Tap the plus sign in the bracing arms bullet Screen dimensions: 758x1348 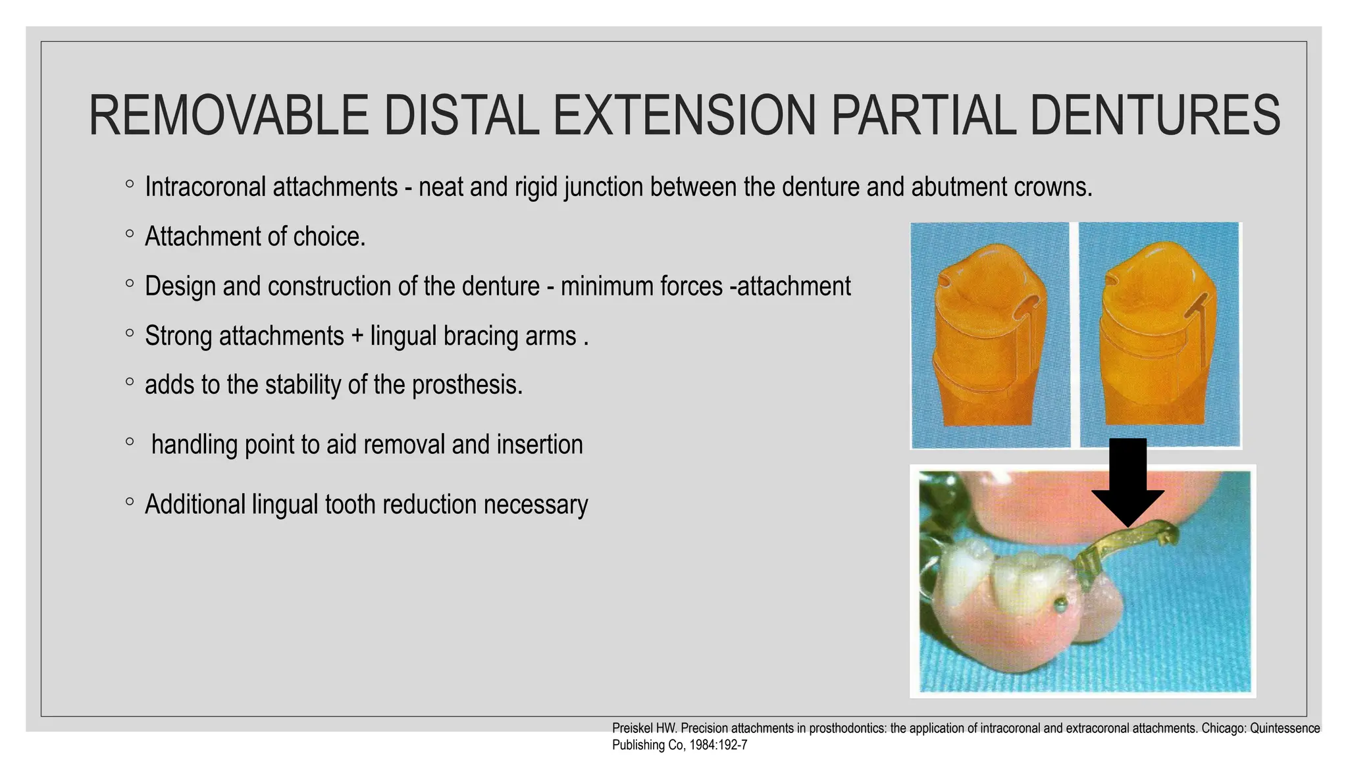[x=357, y=336]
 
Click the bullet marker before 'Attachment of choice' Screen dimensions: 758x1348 [x=130, y=234]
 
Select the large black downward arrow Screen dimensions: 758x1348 [x=1128, y=484]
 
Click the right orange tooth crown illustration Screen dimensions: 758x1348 [x=1158, y=336]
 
